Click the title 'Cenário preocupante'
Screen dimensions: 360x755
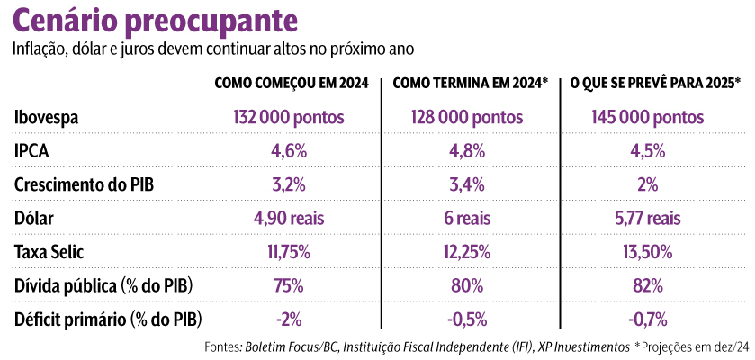pyautogui.click(x=158, y=20)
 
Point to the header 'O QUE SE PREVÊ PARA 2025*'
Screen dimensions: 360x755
pyautogui.click(x=655, y=83)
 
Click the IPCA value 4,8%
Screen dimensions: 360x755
pyautogui.click(x=467, y=151)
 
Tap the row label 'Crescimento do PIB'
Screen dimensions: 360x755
pyautogui.click(x=85, y=184)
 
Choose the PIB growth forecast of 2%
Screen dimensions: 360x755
pyautogui.click(x=648, y=184)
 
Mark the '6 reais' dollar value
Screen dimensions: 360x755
pyautogui.click(x=467, y=218)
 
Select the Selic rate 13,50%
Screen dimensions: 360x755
pyautogui.click(x=648, y=252)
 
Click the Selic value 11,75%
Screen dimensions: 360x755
pyautogui.click(x=289, y=252)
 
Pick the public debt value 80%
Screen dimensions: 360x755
pyautogui.click(x=467, y=285)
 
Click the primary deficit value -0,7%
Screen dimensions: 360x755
pyautogui.click(x=648, y=319)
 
